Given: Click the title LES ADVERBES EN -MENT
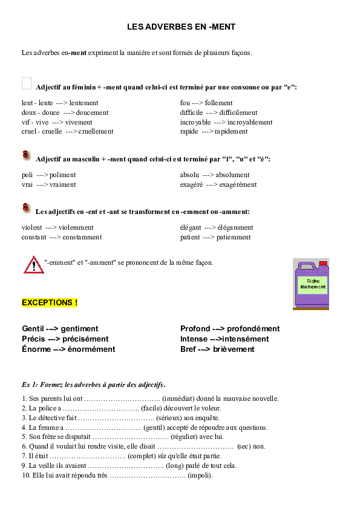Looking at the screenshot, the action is (182, 27).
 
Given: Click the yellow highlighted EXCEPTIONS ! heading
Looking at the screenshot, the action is (50, 302).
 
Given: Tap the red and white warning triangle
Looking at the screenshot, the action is (33, 265).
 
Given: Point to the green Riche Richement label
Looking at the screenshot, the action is (313, 284).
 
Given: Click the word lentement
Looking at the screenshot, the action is (80, 103).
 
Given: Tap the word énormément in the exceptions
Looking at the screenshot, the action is (91, 349).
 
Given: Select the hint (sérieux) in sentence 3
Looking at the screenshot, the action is (175, 418).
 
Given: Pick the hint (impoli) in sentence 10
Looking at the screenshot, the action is (200, 475).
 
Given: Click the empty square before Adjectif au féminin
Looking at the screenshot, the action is (26, 83).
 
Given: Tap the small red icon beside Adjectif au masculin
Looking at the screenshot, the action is (25, 155).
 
